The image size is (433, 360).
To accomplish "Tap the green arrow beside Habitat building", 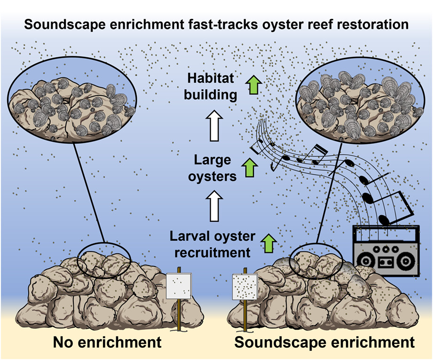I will coord(254,86).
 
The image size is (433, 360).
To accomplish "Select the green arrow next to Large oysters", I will coord(250,168).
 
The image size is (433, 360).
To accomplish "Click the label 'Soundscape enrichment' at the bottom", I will coord(324,342).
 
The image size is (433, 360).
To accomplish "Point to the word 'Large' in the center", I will coord(213,160).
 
